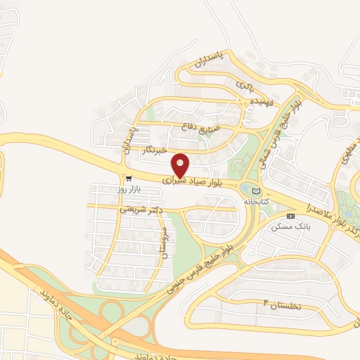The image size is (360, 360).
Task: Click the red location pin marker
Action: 180,165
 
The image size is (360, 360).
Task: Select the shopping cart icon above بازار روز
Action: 128,179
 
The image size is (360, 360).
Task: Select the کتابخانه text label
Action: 257,202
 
